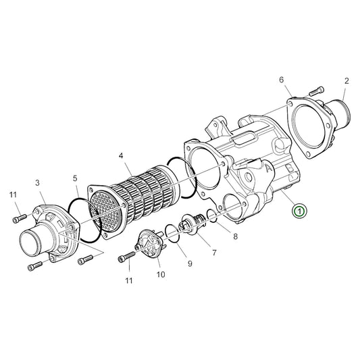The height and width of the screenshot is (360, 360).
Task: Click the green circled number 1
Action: [299, 211]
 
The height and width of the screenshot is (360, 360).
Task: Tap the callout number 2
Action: [346, 81]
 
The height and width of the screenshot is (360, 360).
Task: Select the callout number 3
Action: [38, 182]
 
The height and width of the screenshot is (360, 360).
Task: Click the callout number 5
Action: [76, 179]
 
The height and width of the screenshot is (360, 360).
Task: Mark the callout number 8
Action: [235, 236]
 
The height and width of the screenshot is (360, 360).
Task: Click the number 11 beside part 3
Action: [13, 196]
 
